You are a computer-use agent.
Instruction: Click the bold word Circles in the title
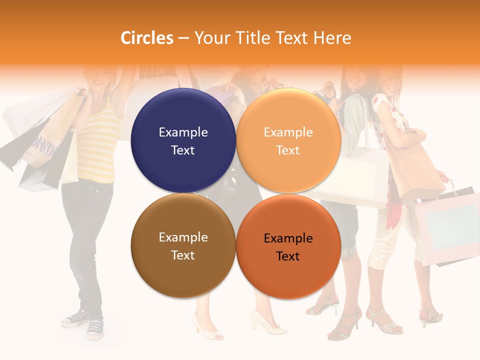pos(147,38)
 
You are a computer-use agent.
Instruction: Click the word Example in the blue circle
pos(183,132)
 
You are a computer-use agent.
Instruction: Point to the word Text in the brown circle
pos(183,255)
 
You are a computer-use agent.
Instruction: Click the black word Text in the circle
pos(288,256)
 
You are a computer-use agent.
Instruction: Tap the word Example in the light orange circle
pos(288,132)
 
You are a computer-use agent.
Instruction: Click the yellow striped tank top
pos(98,145)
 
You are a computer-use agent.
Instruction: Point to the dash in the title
pos(183,38)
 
